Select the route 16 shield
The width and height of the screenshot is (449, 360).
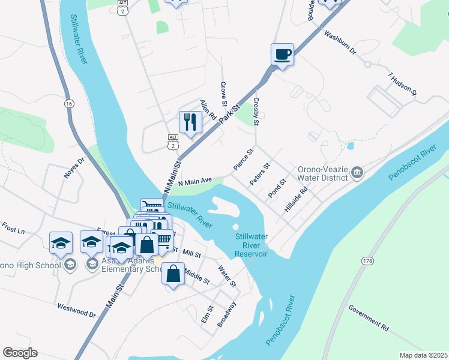click(70, 104)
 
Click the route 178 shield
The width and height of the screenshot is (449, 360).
click(367, 260)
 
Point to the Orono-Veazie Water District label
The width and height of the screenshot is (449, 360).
click(323, 173)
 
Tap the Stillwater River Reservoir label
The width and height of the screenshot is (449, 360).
click(251, 245)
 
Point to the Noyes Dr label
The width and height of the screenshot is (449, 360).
click(75, 169)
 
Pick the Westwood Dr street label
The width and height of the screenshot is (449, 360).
click(77, 310)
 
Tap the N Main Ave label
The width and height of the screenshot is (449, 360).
click(196, 181)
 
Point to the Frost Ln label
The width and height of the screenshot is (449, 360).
click(13, 229)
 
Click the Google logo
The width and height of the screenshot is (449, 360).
click(20, 353)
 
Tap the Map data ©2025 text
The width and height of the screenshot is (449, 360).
click(423, 355)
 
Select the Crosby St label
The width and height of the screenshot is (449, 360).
click(256, 112)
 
